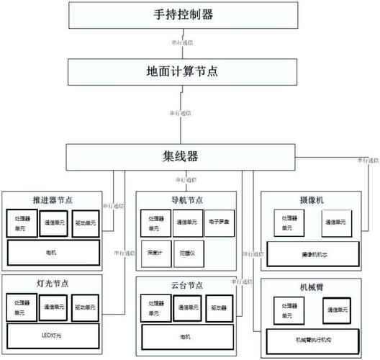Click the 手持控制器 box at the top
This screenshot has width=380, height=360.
184,15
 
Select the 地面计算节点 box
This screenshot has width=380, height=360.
184,72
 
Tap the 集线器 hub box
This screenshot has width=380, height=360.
184,155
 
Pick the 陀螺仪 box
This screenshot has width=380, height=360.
188,253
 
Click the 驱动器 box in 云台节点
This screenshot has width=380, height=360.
219,307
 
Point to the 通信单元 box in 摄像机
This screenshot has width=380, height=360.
335,223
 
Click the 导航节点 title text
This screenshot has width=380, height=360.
186,199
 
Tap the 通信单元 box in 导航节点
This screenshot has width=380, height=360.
187,222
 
